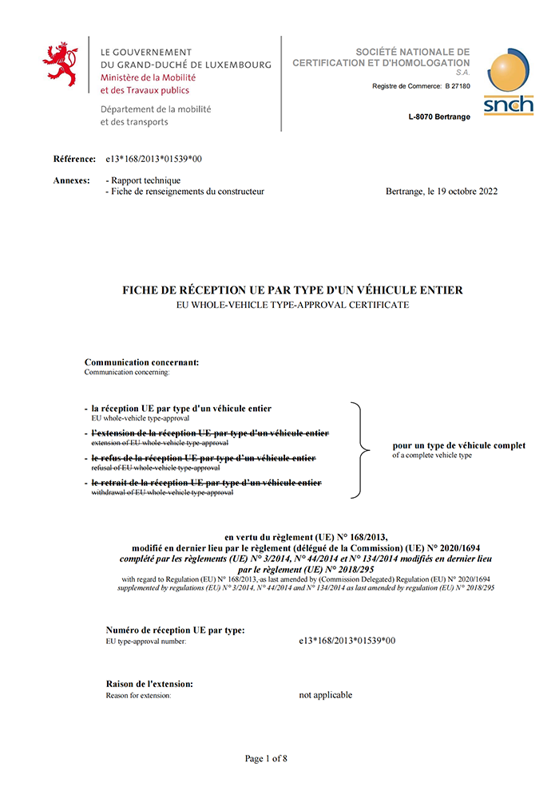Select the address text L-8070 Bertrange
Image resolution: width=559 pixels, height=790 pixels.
point(438,117)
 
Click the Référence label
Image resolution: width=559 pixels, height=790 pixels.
point(74,159)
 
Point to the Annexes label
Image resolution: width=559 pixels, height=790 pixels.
point(71,180)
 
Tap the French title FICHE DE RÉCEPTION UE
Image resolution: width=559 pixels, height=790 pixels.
point(292,290)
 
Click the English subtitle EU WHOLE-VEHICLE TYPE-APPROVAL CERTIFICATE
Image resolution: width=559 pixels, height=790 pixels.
point(292,305)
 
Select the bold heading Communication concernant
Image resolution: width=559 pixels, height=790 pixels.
point(141,361)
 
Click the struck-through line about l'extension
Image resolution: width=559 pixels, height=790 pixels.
point(209,433)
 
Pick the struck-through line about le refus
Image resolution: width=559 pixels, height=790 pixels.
point(203,458)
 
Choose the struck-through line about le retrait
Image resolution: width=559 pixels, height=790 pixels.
point(206,483)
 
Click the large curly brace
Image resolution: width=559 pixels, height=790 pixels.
point(363,451)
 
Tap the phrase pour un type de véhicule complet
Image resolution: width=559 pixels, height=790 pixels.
point(458,445)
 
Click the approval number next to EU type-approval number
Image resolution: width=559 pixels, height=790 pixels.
point(347,640)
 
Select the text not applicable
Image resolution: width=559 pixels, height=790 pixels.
point(326,695)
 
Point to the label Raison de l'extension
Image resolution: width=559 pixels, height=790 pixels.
point(149,684)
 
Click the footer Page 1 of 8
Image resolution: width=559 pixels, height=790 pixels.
point(266,758)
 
